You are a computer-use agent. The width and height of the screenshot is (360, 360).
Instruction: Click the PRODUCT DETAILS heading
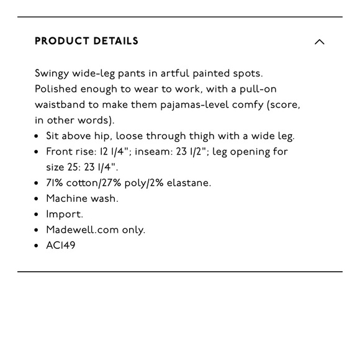[x=86, y=42]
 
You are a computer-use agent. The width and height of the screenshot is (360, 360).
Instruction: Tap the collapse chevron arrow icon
[x=320, y=42]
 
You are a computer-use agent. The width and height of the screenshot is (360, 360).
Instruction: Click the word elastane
[x=189, y=182]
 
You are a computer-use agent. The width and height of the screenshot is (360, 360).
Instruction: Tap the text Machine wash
[x=82, y=199]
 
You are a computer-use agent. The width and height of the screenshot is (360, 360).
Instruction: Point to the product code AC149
[x=61, y=245]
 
